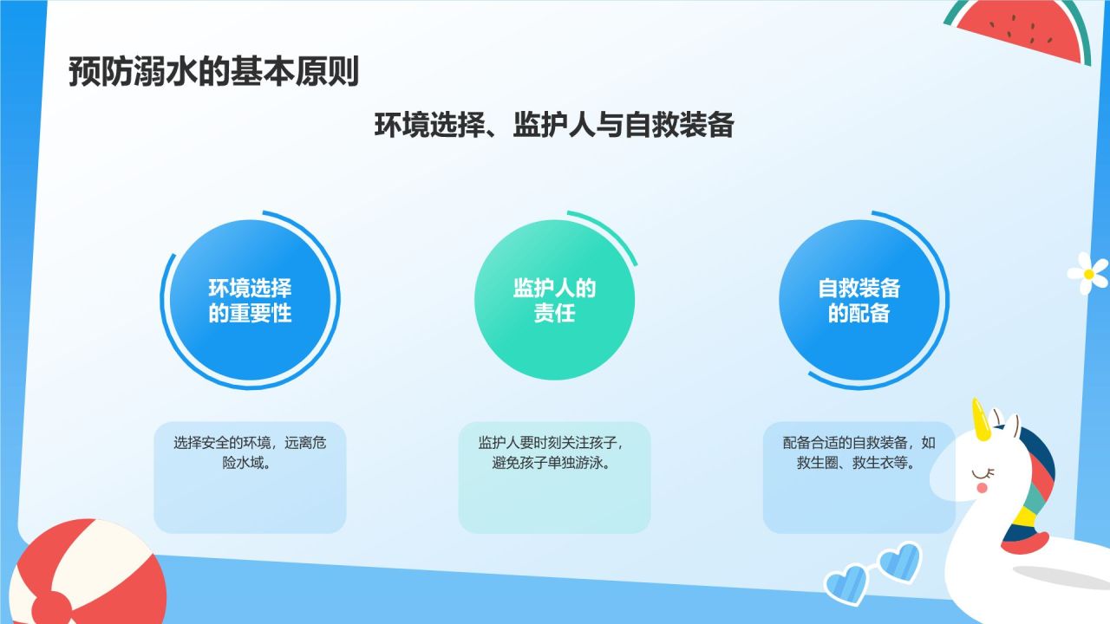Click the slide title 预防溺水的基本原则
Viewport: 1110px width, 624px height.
(213, 72)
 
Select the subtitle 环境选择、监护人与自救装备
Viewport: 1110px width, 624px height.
(554, 125)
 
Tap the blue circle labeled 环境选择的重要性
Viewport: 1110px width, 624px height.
(250, 300)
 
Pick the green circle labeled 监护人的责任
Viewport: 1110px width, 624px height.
(554, 300)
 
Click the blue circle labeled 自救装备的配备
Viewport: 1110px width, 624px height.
(859, 300)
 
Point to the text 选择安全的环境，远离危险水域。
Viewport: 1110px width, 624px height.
(250, 452)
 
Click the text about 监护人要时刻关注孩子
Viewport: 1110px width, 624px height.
(551, 452)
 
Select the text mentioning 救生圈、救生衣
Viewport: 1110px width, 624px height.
(859, 452)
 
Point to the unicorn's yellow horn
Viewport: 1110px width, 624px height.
(980, 420)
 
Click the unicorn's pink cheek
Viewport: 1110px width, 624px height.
(982, 488)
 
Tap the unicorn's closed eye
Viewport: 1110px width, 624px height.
(983, 474)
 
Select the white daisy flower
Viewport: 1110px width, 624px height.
(1088, 273)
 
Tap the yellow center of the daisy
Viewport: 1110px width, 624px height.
(1089, 274)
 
